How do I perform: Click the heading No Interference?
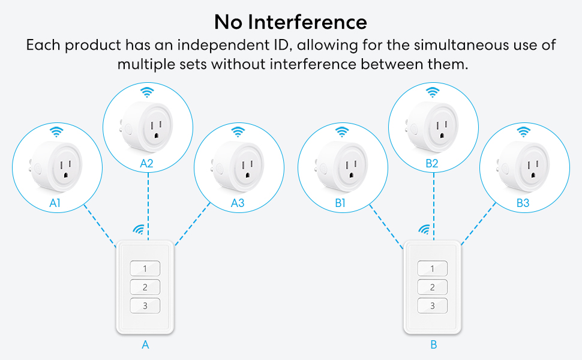291,22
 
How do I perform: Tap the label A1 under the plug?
56,203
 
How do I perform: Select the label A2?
147,163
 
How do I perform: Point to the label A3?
238,203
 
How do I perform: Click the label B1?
341,203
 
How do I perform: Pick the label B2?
432,163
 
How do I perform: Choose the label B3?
523,203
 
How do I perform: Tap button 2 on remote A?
145,287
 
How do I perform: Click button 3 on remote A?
145,306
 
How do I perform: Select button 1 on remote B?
432,268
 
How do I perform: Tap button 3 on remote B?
432,306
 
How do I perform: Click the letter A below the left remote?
145,345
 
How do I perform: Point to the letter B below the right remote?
433,345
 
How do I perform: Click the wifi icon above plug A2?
147,92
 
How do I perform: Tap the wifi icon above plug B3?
523,131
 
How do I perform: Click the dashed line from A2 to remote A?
148,204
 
